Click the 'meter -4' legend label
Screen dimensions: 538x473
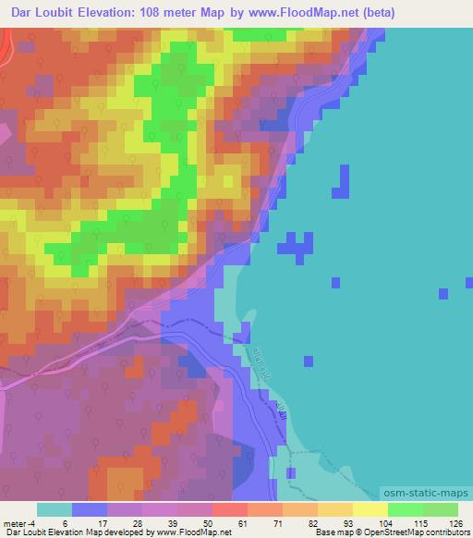tap(18, 522)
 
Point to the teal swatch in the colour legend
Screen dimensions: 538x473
tap(55, 509)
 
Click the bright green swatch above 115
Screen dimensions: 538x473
tap(406, 509)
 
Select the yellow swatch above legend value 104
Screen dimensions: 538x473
tap(370, 509)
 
